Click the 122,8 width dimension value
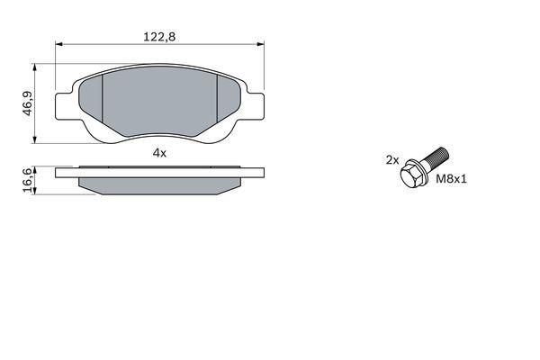[x=159, y=37]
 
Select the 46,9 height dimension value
[x=28, y=103]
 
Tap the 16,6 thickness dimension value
[x=29, y=181]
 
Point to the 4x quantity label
[x=159, y=153]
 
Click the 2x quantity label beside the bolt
[x=391, y=160]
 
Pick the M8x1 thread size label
[x=452, y=179]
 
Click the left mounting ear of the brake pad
[x=65, y=106]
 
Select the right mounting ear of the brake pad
[x=256, y=106]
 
